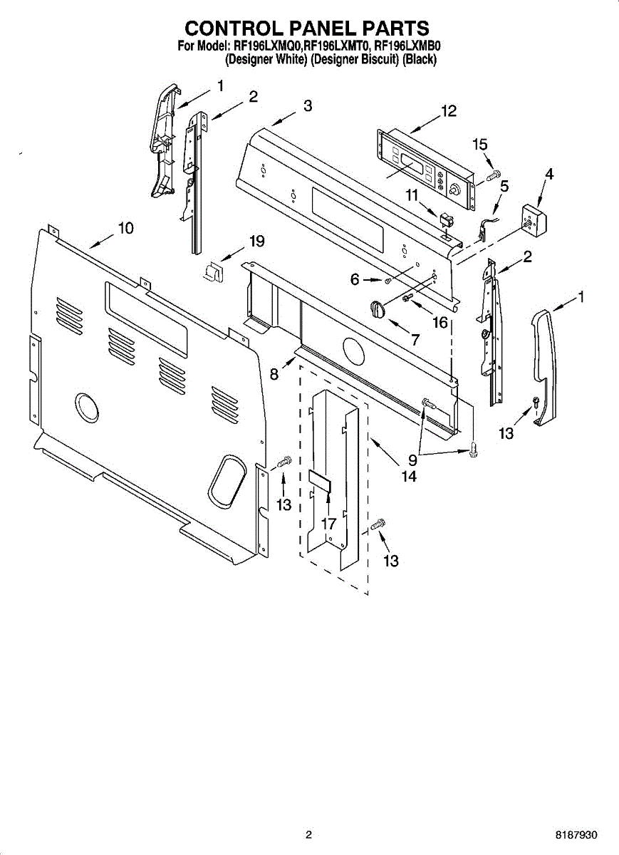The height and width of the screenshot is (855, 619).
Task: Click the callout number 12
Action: pos(448,111)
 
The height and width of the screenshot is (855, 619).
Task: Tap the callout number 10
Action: pos(125,228)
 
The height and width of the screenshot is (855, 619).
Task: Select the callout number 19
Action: pos(256,242)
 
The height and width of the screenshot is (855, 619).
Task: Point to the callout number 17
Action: pos(328,524)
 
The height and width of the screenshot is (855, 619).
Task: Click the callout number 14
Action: pos(408,477)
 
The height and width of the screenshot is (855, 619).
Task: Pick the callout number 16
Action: pos(439,322)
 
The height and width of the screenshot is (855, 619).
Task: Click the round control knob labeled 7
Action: pos(377,309)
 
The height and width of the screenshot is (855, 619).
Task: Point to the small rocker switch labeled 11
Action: pos(447,218)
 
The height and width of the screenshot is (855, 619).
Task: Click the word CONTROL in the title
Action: pos(233,28)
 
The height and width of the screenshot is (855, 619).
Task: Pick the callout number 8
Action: pos(274,373)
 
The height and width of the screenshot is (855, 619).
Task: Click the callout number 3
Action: pos(307,106)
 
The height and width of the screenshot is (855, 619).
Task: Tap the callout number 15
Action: pos(480,143)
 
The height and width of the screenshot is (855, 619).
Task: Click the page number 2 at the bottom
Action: pos(308,835)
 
